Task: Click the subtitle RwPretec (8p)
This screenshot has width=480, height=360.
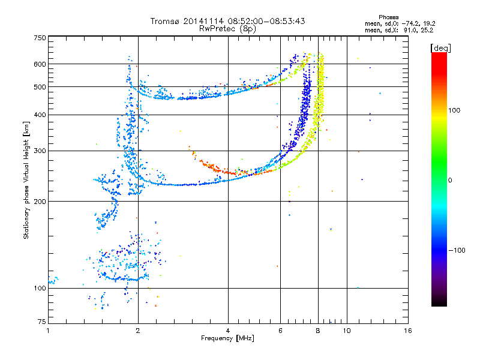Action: coord(227,29)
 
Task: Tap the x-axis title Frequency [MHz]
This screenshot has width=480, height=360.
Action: coord(227,338)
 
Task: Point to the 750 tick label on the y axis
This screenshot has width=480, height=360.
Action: coord(40,38)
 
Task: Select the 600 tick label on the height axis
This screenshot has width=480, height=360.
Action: coord(40,64)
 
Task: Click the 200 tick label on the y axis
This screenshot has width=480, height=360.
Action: coord(40,202)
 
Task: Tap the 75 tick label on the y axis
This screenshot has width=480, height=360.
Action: coord(42,322)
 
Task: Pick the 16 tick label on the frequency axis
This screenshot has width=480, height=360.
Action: coord(408,331)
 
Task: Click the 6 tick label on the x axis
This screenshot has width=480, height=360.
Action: coord(280,331)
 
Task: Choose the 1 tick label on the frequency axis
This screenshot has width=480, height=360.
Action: coord(48,331)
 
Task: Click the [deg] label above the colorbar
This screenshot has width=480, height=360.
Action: coord(440,48)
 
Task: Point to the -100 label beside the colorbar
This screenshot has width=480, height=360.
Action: coord(457,250)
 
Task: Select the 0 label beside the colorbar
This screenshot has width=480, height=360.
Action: coord(449,181)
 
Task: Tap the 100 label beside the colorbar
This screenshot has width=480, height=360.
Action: coord(454,110)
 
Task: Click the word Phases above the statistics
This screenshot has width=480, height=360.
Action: coord(388,17)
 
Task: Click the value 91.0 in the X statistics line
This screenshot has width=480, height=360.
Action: coord(410,31)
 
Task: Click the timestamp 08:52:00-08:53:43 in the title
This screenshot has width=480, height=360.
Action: coord(266,21)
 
